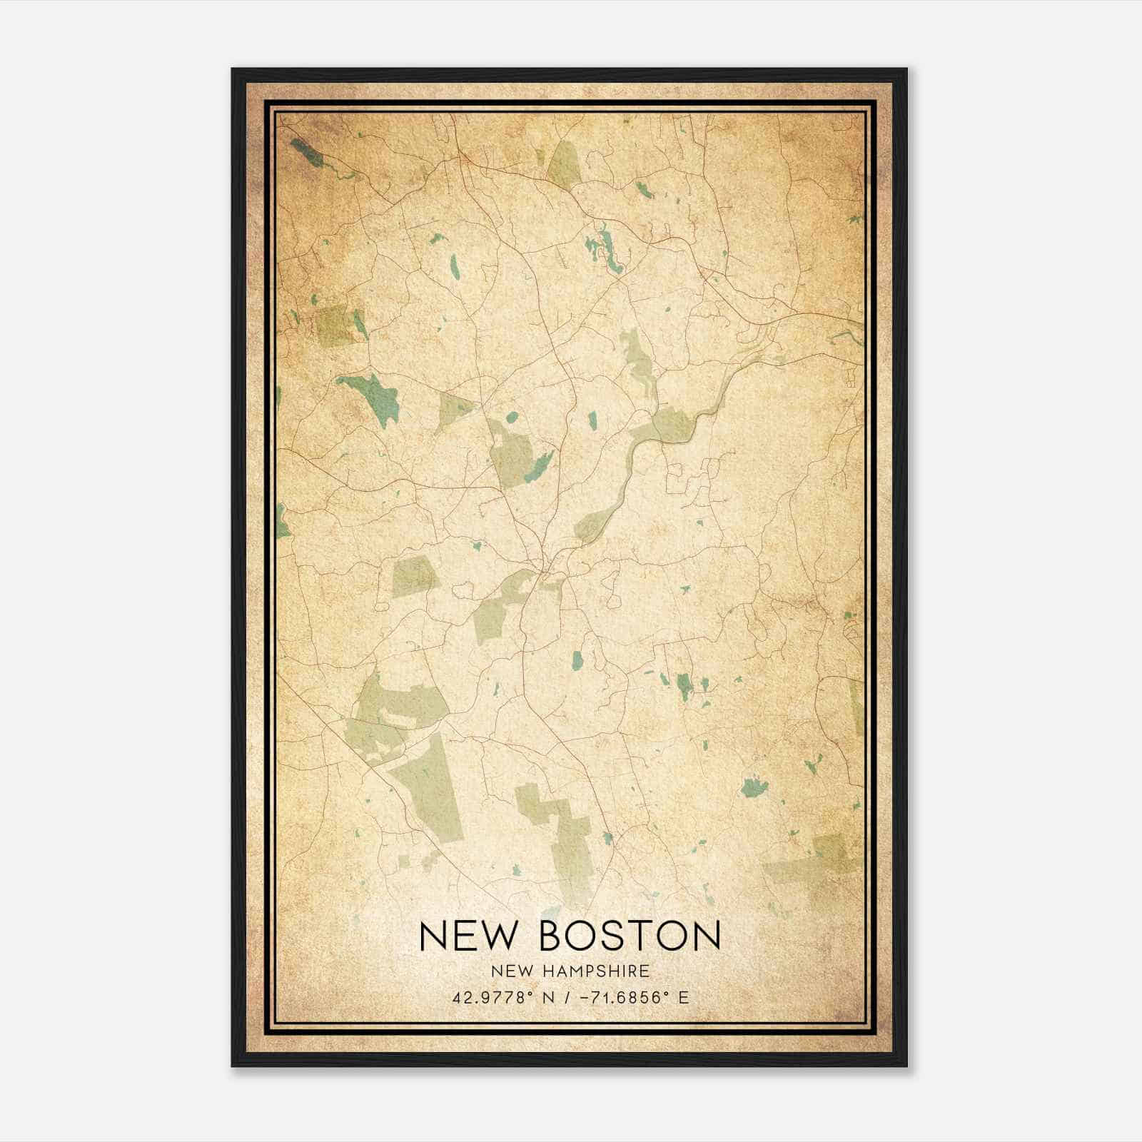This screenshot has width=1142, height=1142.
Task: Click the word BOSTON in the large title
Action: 630,936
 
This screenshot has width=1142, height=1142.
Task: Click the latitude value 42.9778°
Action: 492,997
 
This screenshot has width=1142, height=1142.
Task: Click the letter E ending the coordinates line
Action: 684,997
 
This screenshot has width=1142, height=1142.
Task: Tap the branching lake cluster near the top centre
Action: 603,253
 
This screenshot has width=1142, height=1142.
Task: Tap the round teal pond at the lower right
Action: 753,788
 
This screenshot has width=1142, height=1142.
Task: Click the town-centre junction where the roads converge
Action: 545,571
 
